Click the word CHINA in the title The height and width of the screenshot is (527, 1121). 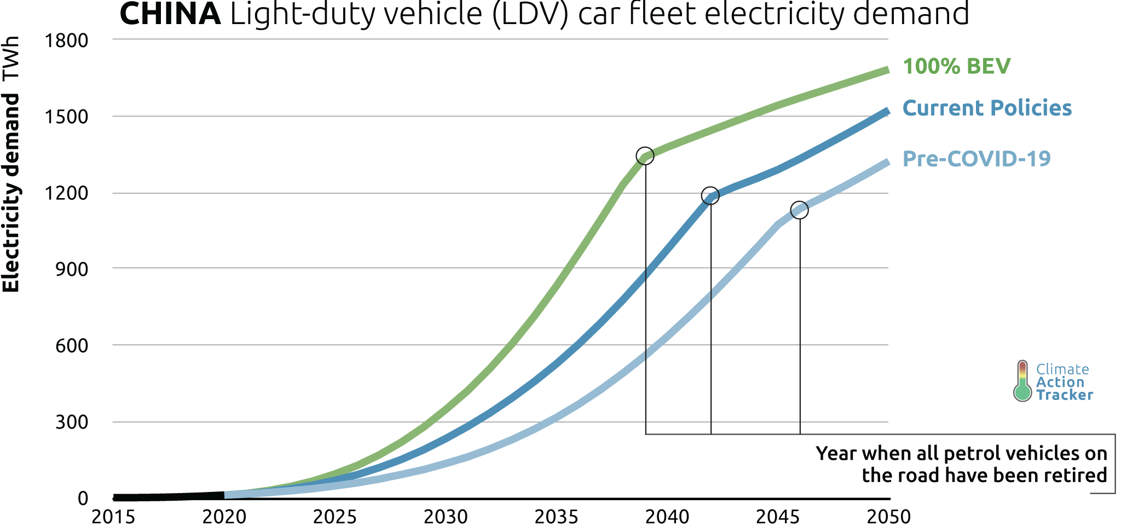[x=170, y=14]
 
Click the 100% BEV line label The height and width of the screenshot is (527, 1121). [x=956, y=66]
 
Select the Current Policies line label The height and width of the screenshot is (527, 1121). [x=986, y=108]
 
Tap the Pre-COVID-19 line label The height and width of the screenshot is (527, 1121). [x=976, y=159]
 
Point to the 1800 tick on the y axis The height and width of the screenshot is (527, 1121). [x=66, y=40]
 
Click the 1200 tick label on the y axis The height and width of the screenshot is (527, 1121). [x=66, y=193]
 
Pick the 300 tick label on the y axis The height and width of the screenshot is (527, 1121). [x=71, y=422]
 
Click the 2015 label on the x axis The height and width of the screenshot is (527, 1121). [x=113, y=517]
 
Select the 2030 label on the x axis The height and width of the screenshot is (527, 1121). [x=446, y=517]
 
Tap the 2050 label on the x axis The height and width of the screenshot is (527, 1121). [x=888, y=517]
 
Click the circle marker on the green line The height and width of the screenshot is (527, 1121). [x=645, y=156]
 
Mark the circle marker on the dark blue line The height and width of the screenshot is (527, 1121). [x=710, y=195]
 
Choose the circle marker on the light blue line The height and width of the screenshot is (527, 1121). [x=800, y=210]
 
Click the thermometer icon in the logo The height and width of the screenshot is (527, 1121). [x=1022, y=381]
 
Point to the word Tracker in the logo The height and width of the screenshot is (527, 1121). [x=1064, y=395]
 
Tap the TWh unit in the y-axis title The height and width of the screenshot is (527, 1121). [x=11, y=57]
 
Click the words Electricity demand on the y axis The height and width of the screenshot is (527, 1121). [x=11, y=193]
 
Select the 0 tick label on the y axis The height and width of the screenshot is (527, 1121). [x=83, y=498]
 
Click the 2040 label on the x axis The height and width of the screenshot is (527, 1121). [x=667, y=517]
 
